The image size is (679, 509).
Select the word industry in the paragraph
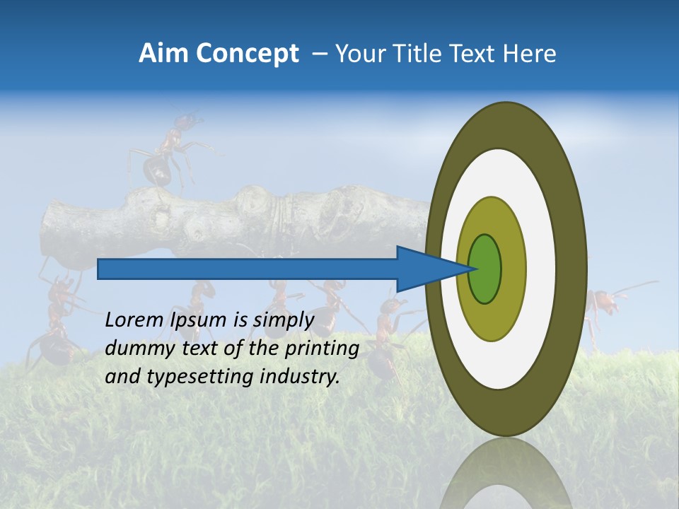299,377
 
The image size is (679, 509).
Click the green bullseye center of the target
485,269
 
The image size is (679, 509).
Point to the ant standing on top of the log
166,152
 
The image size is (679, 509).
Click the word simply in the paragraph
284,320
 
